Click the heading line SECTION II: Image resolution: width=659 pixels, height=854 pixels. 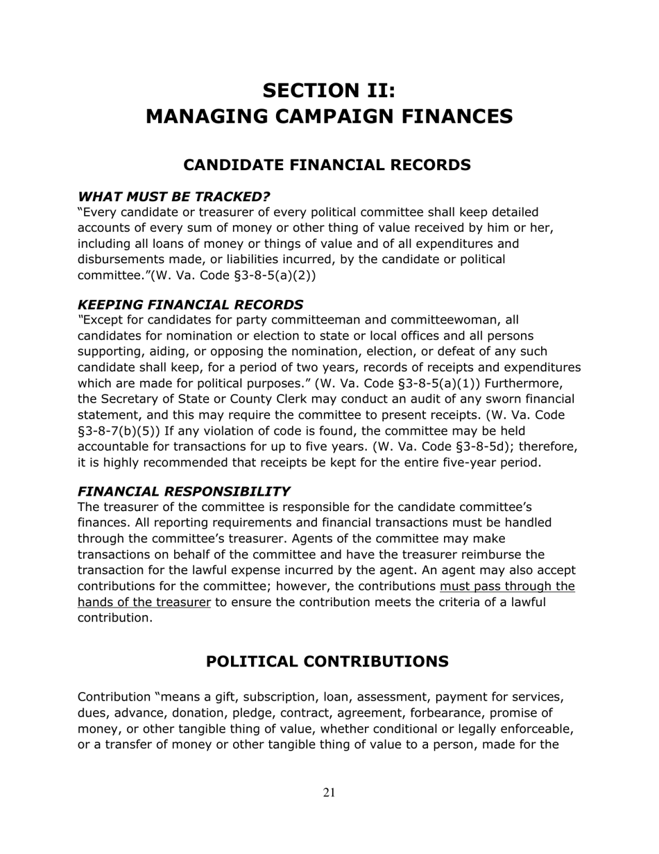(329, 90)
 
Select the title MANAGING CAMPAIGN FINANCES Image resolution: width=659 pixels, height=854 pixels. (329, 116)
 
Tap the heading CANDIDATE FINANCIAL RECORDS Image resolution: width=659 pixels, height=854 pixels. (327, 165)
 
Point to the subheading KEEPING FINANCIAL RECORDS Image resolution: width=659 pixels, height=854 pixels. (190, 305)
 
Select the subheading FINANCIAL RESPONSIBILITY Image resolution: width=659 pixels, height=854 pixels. (183, 491)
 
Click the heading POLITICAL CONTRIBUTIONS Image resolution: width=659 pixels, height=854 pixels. (327, 662)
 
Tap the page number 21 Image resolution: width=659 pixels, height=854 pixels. (329, 793)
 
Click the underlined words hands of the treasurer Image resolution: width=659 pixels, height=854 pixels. (144, 602)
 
